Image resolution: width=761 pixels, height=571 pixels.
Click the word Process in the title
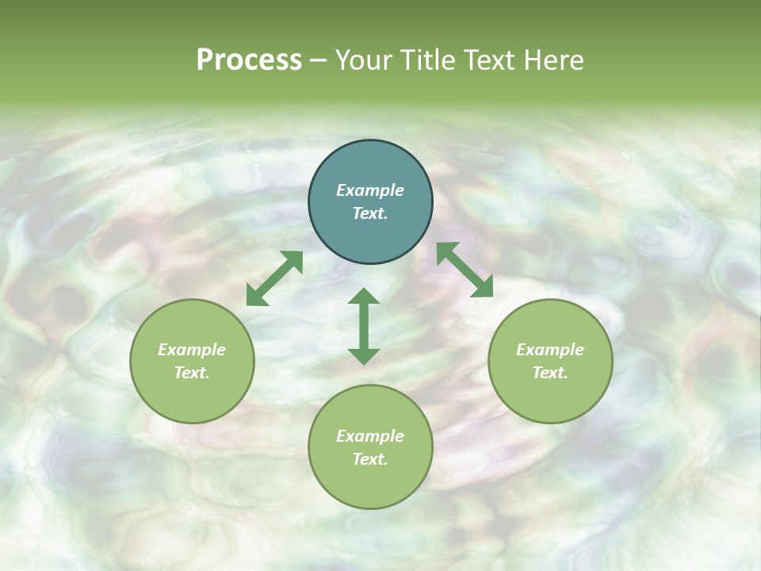click(x=249, y=60)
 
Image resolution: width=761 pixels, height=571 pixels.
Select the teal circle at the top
click(x=370, y=202)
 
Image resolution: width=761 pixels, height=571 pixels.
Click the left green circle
click(x=192, y=361)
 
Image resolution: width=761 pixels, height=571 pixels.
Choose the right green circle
click(x=550, y=361)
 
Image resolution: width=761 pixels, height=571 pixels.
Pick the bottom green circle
click(x=370, y=447)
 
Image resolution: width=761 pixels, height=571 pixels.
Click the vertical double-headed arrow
click(x=364, y=326)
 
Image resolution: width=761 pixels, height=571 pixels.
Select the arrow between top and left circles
click(x=274, y=278)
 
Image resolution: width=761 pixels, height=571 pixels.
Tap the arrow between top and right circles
click(x=465, y=270)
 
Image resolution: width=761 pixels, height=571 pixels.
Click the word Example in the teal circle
click(x=370, y=190)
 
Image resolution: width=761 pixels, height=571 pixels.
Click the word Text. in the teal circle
click(x=370, y=213)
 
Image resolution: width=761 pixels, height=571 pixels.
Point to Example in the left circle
click(x=192, y=350)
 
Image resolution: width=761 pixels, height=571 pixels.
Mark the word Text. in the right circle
click(x=550, y=373)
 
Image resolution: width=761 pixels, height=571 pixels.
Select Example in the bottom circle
click(x=370, y=436)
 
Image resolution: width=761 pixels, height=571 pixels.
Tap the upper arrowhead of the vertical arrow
click(x=364, y=297)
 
